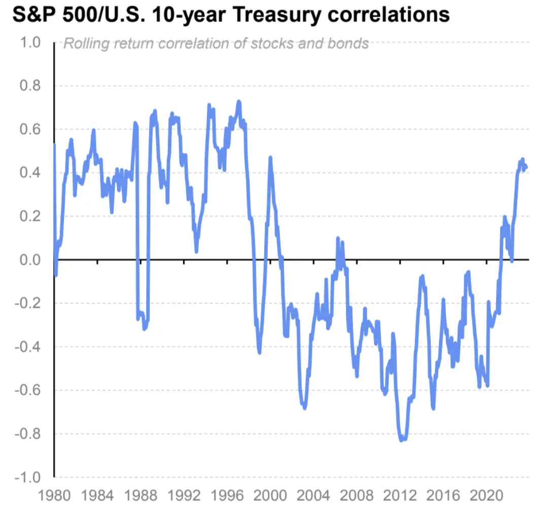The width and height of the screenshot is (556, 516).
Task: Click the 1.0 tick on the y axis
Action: point(29,42)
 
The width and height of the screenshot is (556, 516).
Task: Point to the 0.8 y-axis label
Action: point(29,86)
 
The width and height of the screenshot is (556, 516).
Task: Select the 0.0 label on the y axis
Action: point(29,260)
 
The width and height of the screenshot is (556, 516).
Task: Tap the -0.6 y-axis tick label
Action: point(26,391)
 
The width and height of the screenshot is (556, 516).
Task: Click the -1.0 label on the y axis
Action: point(26,478)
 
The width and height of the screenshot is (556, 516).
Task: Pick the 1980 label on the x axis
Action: point(54,495)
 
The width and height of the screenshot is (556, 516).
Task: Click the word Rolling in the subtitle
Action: point(83,44)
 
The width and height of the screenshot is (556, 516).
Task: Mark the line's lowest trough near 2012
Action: point(402,440)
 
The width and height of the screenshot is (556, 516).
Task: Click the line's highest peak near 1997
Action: point(238,102)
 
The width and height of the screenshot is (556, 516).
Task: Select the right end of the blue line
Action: point(527,167)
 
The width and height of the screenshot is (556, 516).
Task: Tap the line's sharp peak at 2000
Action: point(270,158)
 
